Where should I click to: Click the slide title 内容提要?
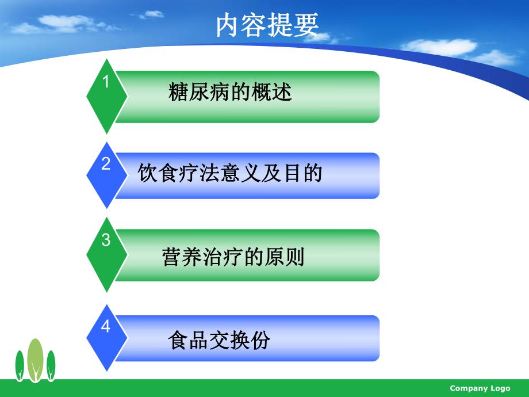coord(267,26)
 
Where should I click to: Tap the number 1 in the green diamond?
coord(106,82)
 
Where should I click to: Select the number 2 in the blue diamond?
coord(106,164)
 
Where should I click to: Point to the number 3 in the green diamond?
coord(106,241)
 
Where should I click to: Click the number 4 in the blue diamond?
coord(106,327)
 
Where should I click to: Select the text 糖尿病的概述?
coord(231,92)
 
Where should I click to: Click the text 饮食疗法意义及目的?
coord(230,173)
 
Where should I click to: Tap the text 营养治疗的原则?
coord(233,257)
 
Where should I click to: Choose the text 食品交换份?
coord(219,341)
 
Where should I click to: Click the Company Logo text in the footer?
coord(480,388)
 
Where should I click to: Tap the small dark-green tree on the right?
coord(51,364)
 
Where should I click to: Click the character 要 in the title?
coord(305,26)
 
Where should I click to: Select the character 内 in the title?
coord(228,26)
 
